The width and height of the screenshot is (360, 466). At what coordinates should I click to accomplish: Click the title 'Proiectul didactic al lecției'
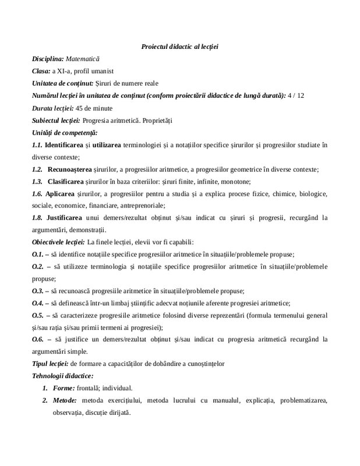click(179, 46)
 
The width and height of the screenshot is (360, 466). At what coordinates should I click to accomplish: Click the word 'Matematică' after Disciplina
click(82, 59)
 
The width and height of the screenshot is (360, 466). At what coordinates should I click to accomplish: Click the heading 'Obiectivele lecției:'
click(59, 242)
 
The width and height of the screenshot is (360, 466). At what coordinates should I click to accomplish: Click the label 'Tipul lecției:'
click(49, 363)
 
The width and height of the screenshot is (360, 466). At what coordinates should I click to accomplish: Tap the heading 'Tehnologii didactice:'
click(62, 376)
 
